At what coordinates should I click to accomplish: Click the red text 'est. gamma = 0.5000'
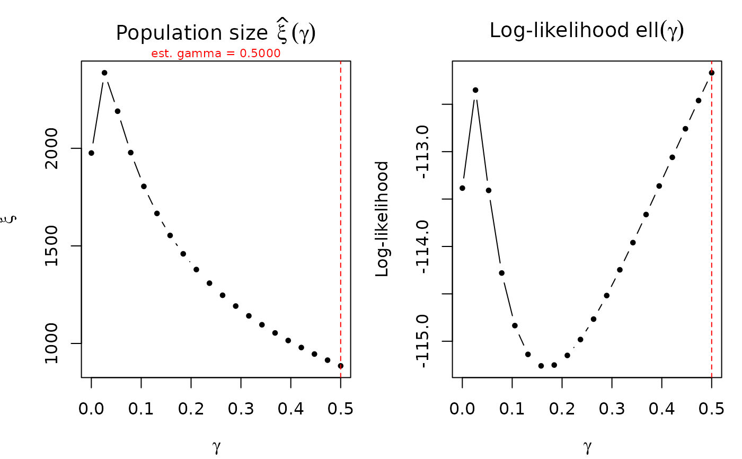coord(216,54)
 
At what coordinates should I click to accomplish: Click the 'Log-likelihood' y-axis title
coord(382,219)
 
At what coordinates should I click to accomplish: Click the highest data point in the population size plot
coord(104,73)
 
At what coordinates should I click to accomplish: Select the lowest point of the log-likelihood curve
coord(541,366)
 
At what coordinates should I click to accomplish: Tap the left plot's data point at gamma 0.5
coord(341,366)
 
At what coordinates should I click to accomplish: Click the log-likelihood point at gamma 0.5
coord(712,73)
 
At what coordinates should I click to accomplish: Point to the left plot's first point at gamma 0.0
coord(91,153)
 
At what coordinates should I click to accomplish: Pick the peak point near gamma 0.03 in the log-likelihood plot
coord(475,90)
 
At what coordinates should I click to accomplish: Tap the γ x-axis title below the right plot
coord(587,447)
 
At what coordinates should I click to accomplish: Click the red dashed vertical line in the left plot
coord(341,212)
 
